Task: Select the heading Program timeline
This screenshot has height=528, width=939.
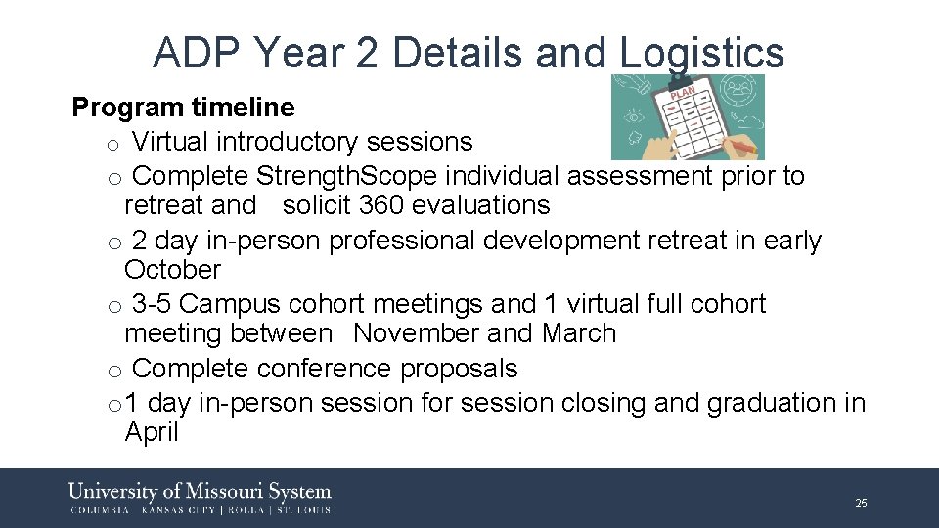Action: point(183,107)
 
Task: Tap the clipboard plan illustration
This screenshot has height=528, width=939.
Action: point(688,117)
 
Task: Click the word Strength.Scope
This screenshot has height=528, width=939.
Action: point(330,176)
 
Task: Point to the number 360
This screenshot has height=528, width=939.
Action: point(381,205)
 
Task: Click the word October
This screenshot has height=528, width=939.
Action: point(173,270)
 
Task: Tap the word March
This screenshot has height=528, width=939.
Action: point(579,333)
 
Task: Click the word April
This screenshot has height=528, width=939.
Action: point(152,433)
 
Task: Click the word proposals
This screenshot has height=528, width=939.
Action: point(459,369)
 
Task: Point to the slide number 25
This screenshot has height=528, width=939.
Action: point(861,504)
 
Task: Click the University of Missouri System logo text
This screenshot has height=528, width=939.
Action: point(200,491)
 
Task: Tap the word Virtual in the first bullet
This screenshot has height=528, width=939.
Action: point(170,142)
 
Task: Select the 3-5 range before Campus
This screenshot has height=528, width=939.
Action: point(152,304)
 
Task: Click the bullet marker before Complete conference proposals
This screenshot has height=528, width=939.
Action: point(113,371)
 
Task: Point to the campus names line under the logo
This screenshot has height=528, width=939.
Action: point(200,510)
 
